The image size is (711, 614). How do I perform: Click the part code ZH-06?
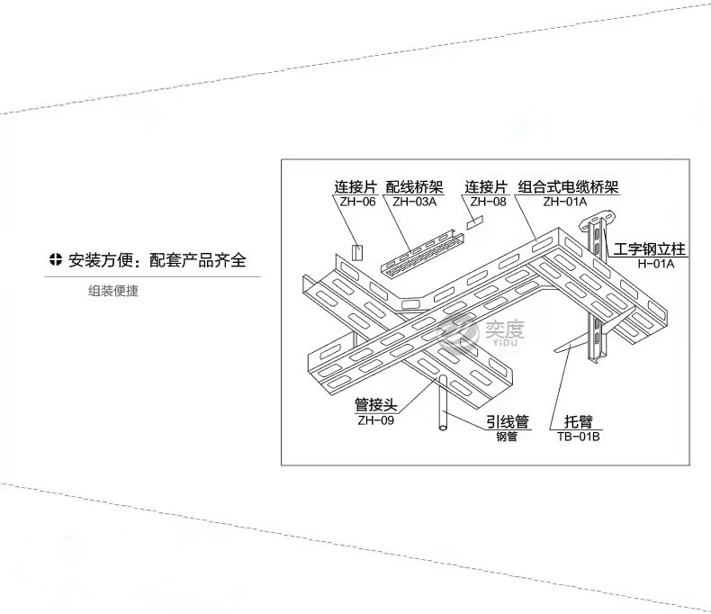coord(358,202)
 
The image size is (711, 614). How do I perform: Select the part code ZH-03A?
coord(414,202)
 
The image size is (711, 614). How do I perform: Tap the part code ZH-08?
coord(488,202)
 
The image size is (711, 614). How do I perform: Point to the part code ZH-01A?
coord(565,202)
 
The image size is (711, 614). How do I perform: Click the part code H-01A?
coord(656,264)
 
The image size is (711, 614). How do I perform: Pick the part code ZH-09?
coord(376,420)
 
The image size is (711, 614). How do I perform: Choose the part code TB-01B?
coord(579,437)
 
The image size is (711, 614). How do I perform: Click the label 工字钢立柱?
coord(649,249)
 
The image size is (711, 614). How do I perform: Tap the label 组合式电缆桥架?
coord(568,187)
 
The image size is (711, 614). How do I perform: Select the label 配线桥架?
coord(414,187)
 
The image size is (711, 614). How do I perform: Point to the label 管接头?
coord(376,404)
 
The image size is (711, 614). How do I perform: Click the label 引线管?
coord(508,421)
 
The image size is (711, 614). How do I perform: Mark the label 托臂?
coord(579,421)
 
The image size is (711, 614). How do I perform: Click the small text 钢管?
coord(507,437)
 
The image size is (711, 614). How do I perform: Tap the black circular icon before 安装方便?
coord(55,260)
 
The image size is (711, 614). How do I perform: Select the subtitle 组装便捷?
coord(112,291)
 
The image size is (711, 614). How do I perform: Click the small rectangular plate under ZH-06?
coord(357,253)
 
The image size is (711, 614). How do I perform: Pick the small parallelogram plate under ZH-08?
coord(475,222)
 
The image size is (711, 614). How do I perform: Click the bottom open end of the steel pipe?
coord(443,427)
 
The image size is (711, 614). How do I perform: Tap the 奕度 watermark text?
coord(505,330)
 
